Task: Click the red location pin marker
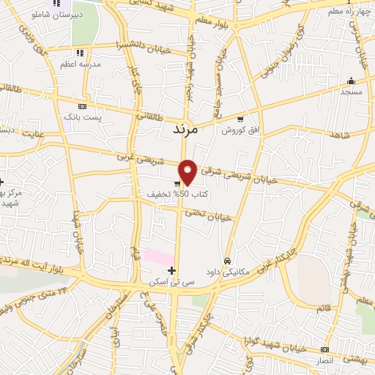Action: [188, 171]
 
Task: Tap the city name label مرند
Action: [176, 129]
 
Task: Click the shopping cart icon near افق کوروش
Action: [240, 119]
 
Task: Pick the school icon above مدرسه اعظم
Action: [80, 53]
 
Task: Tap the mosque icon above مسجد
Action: [351, 81]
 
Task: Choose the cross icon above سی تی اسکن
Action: [172, 271]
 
